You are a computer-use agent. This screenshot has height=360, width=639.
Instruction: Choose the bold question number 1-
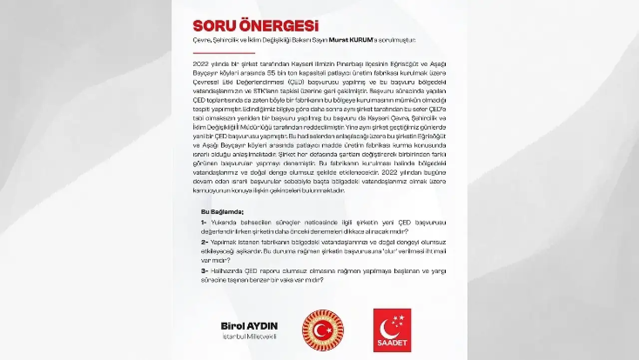[204, 222]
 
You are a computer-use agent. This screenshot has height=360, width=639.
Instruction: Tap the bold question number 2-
[204, 242]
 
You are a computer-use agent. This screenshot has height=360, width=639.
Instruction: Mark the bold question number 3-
[204, 271]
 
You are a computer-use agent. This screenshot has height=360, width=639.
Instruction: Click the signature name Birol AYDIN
[249, 326]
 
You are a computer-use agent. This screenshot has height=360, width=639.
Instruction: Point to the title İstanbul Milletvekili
[249, 337]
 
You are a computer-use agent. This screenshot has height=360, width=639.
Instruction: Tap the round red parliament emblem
[323, 330]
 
